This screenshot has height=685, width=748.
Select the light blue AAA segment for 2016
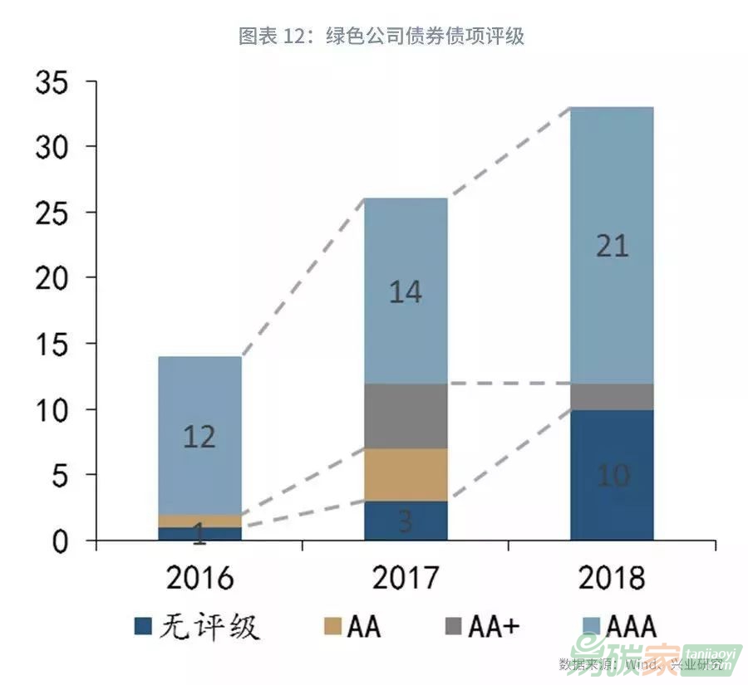pos(199,415)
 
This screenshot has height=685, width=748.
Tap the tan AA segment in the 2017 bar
pos(406,475)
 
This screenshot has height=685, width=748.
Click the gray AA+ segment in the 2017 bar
pos(406,416)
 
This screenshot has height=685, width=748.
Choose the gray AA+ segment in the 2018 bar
pos(613,397)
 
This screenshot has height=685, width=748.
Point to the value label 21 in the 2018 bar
pos(613,247)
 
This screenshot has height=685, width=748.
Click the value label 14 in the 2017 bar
pos(406,292)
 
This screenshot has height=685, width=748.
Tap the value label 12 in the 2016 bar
pos(199,437)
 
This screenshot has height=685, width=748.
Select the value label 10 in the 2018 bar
pos(613,476)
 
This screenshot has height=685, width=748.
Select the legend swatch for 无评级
pos(144,627)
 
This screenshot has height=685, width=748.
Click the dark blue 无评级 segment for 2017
pos(406,521)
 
